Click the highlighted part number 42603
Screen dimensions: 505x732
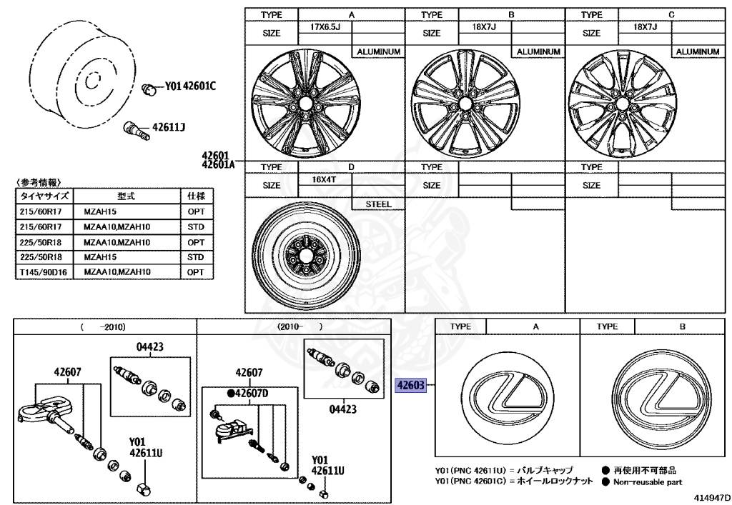coord(410,386)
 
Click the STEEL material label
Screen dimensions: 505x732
coord(379,204)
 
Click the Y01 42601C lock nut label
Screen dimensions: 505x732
coord(190,86)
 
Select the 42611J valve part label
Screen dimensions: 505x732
coord(169,128)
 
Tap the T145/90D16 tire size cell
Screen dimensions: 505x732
coord(44,272)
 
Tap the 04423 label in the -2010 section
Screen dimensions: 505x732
coord(150,347)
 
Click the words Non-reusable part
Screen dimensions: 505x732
coord(647,481)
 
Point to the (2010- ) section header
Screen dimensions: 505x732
coord(300,326)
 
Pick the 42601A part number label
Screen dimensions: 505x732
coord(218,164)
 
